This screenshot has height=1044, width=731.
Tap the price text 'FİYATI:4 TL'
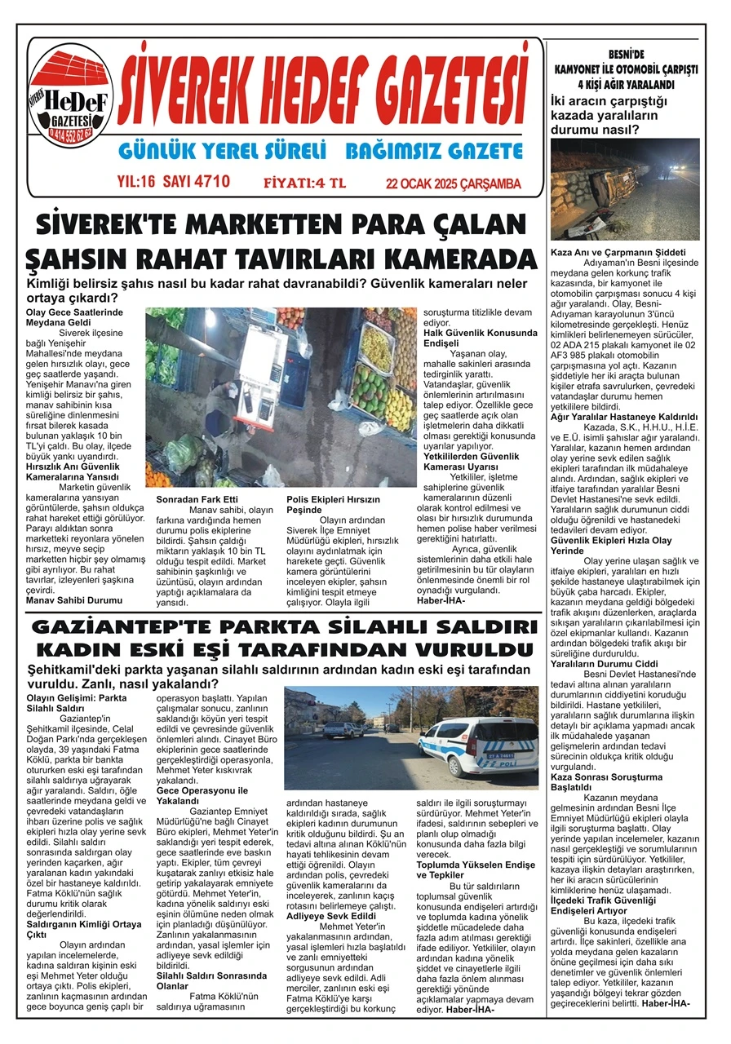(x=305, y=183)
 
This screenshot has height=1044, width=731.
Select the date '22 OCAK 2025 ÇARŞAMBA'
(x=453, y=184)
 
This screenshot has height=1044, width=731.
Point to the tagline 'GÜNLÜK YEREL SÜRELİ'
(x=222, y=152)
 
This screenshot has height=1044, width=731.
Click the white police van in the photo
(x=466, y=745)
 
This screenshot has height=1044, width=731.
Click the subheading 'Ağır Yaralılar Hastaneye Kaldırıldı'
(x=624, y=416)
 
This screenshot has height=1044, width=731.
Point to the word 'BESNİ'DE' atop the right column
(x=625, y=55)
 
